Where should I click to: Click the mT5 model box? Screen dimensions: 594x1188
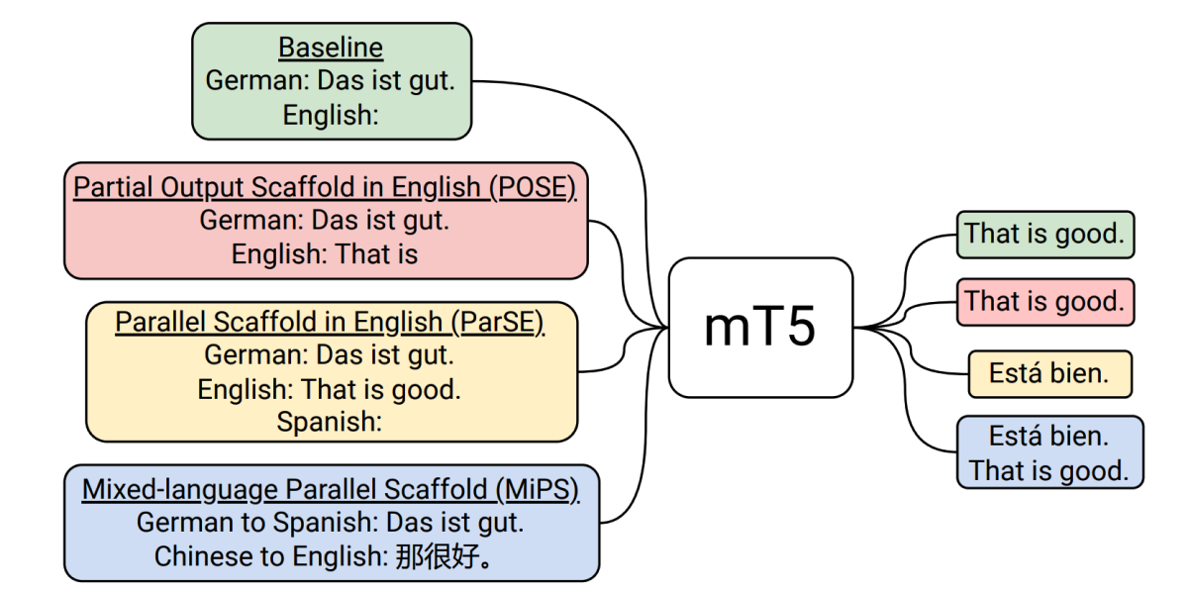pyautogui.click(x=760, y=328)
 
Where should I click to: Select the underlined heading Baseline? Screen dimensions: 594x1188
pyautogui.click(x=331, y=48)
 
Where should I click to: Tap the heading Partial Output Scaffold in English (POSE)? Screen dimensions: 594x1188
pyautogui.click(x=325, y=187)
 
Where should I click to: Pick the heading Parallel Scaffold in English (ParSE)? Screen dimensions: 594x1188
pyautogui.click(x=331, y=322)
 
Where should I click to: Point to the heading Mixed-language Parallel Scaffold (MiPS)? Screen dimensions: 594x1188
pyautogui.click(x=331, y=489)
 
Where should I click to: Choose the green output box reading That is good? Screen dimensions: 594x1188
pyautogui.click(x=1044, y=234)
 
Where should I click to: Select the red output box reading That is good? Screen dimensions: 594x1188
pyautogui.click(x=1044, y=301)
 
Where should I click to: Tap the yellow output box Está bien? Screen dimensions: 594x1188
pyautogui.click(x=1049, y=374)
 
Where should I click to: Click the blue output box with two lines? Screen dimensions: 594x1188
pyautogui.click(x=1049, y=452)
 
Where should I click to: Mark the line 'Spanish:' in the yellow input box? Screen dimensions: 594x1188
pyautogui.click(x=330, y=422)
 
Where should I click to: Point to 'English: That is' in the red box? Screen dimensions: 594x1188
pyautogui.click(x=325, y=254)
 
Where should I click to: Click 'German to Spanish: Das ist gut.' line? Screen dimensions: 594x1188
pyautogui.click(x=331, y=523)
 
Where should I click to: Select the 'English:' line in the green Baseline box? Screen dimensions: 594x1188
pyautogui.click(x=331, y=115)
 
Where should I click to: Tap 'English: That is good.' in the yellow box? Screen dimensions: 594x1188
pyautogui.click(x=330, y=389)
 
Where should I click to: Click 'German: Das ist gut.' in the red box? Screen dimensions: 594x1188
pyautogui.click(x=325, y=221)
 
